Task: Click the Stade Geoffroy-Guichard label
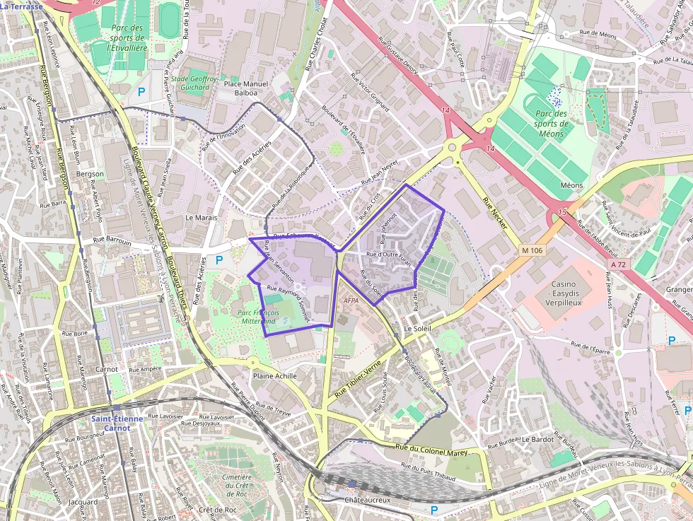(x=194, y=83)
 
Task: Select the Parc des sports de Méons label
(x=552, y=123)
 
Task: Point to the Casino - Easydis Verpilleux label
(x=564, y=293)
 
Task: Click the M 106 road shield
(x=533, y=250)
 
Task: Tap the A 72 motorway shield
(x=617, y=264)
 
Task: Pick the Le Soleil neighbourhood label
(x=417, y=329)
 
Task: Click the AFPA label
(x=351, y=300)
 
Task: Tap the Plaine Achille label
(x=275, y=376)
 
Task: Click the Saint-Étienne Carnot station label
(x=117, y=423)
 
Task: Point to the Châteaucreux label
(x=367, y=500)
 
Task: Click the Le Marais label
(x=202, y=218)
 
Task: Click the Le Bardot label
(x=538, y=439)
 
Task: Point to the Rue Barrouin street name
(x=107, y=241)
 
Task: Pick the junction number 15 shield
(x=562, y=212)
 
